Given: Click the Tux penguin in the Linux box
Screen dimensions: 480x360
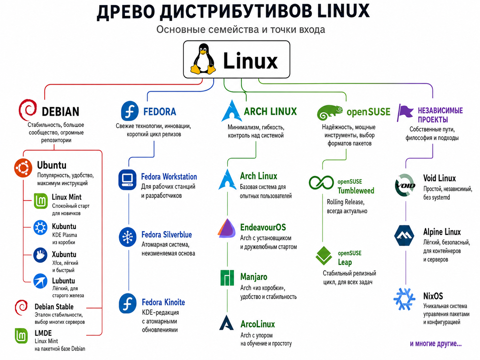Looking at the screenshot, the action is [x=203, y=59].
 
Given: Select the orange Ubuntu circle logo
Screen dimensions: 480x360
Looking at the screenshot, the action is [x=23, y=168].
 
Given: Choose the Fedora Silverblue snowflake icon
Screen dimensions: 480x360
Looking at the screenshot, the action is [x=128, y=237].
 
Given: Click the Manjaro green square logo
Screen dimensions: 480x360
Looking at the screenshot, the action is [x=227, y=278].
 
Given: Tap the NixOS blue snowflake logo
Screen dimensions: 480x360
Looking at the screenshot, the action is [x=404, y=299].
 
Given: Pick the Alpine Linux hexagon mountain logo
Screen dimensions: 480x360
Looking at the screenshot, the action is [x=404, y=236].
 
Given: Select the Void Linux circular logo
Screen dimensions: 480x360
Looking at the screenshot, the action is [x=405, y=185].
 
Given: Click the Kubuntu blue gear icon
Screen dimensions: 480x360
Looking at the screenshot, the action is [x=40, y=227].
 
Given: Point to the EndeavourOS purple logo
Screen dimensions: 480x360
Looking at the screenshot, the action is [x=227, y=228].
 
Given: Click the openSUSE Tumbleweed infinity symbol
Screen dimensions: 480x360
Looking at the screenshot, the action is [x=321, y=183].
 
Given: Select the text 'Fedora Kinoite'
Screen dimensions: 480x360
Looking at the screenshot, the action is [x=163, y=302].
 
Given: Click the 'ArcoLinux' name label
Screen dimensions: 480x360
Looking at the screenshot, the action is [x=258, y=324].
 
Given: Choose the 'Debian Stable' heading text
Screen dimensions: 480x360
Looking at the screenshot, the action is [x=54, y=307].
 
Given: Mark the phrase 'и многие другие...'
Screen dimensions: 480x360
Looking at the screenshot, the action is [x=436, y=344].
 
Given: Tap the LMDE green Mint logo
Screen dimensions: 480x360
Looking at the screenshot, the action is [x=21, y=336].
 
